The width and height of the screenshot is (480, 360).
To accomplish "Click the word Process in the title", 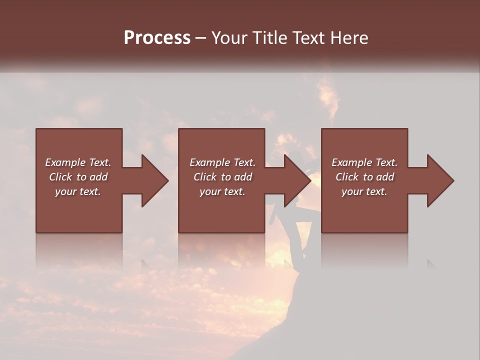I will [157, 37].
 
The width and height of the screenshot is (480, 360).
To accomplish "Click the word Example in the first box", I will [65, 162].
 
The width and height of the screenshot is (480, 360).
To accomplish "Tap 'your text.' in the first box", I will [78, 191].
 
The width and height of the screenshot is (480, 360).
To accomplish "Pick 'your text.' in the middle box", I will [222, 191].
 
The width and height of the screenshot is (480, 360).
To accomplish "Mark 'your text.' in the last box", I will [364, 191].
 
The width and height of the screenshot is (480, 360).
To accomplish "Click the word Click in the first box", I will [61, 177].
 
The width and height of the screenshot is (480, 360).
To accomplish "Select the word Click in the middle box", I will [205, 177].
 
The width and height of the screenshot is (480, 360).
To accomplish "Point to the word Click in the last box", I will [347, 177].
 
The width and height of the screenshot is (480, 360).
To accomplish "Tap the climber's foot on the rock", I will [297, 267].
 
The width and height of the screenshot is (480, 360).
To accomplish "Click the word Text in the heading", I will [305, 37].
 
